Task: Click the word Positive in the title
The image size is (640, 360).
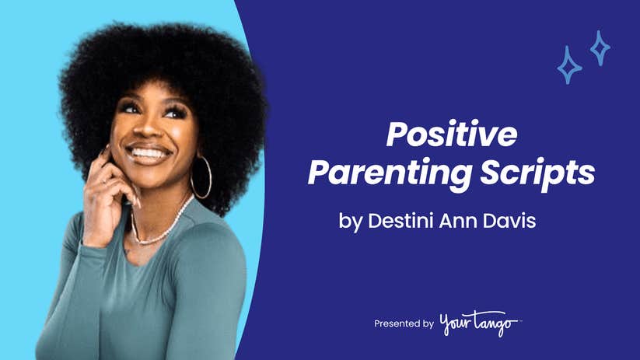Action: (452, 136)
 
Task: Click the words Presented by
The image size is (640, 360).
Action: (404, 323)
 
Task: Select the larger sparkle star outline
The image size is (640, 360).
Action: (569, 65)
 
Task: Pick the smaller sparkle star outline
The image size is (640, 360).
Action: (600, 48)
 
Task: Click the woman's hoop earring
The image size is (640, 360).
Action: (201, 177)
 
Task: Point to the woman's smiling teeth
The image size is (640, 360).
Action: (149, 152)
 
